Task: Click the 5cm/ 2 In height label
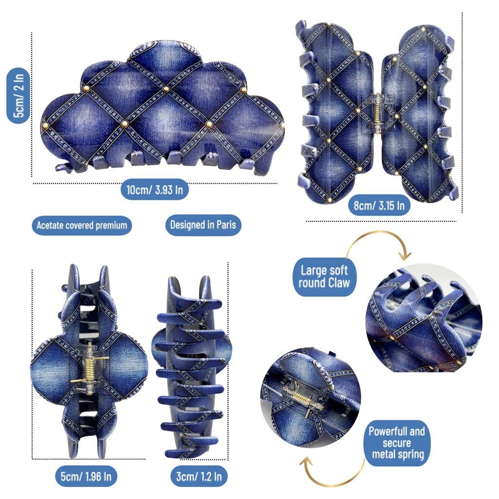[19, 96]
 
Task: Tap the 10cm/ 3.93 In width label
[154, 190]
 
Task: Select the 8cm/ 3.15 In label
[379, 206]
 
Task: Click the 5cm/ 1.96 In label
[86, 477]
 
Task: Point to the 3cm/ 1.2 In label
[199, 477]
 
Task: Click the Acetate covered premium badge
[82, 225]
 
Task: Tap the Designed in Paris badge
[203, 225]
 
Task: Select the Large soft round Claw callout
[324, 277]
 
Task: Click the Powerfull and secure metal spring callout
[397, 443]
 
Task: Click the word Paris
[226, 225]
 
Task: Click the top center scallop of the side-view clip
[165, 53]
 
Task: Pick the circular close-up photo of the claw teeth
[424, 318]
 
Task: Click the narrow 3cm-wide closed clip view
[192, 367]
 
